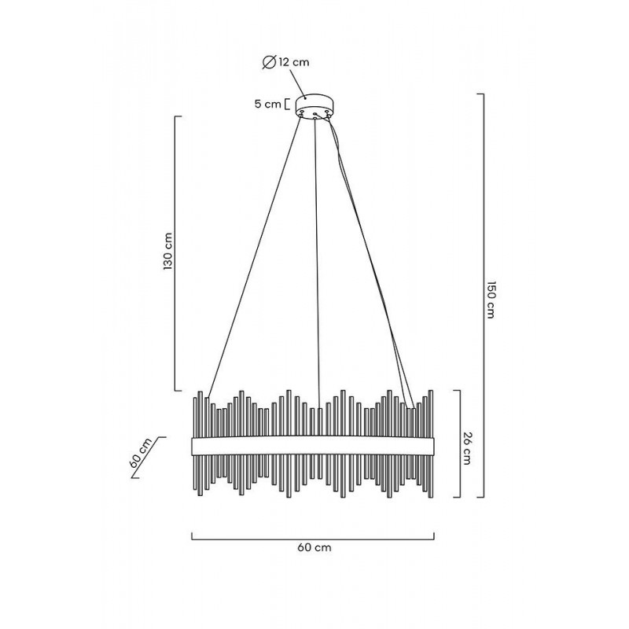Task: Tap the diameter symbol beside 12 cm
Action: (269, 62)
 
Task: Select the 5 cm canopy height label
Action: (267, 104)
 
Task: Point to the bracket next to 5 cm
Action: (286, 105)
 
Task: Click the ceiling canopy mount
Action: (314, 106)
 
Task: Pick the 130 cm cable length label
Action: (168, 251)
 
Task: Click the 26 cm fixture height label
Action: (467, 447)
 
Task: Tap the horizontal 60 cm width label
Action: (314, 547)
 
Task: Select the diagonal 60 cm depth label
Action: (141, 454)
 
